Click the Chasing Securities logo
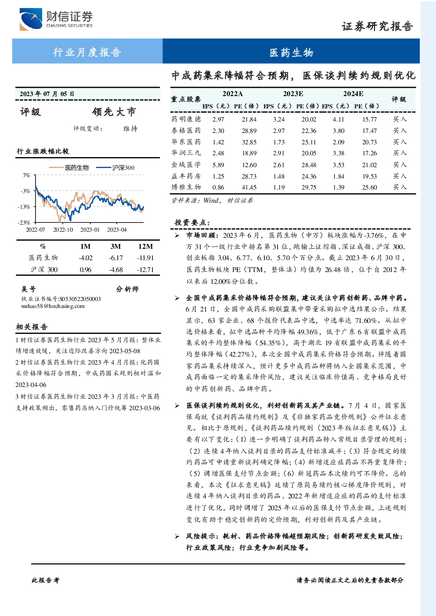coord(56,19)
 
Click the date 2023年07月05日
coord(47,94)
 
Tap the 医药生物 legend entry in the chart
coord(69,168)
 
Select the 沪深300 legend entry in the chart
coord(115,168)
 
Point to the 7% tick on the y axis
coord(26,175)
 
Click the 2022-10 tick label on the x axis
coord(63,229)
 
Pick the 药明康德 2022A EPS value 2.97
coord(218,119)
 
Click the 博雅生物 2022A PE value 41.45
coord(249,187)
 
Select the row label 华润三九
coord(186,153)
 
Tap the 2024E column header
coord(353,94)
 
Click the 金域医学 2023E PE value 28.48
coord(309,165)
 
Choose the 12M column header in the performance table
coord(145,247)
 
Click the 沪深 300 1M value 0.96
coord(85,269)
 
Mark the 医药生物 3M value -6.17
coord(115,258)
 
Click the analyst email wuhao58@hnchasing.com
coord(53,306)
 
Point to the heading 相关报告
coord(32,327)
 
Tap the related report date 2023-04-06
coord(31,385)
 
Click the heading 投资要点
coord(192,222)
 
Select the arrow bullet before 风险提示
coord(177,536)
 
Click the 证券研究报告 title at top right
coord(377,26)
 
